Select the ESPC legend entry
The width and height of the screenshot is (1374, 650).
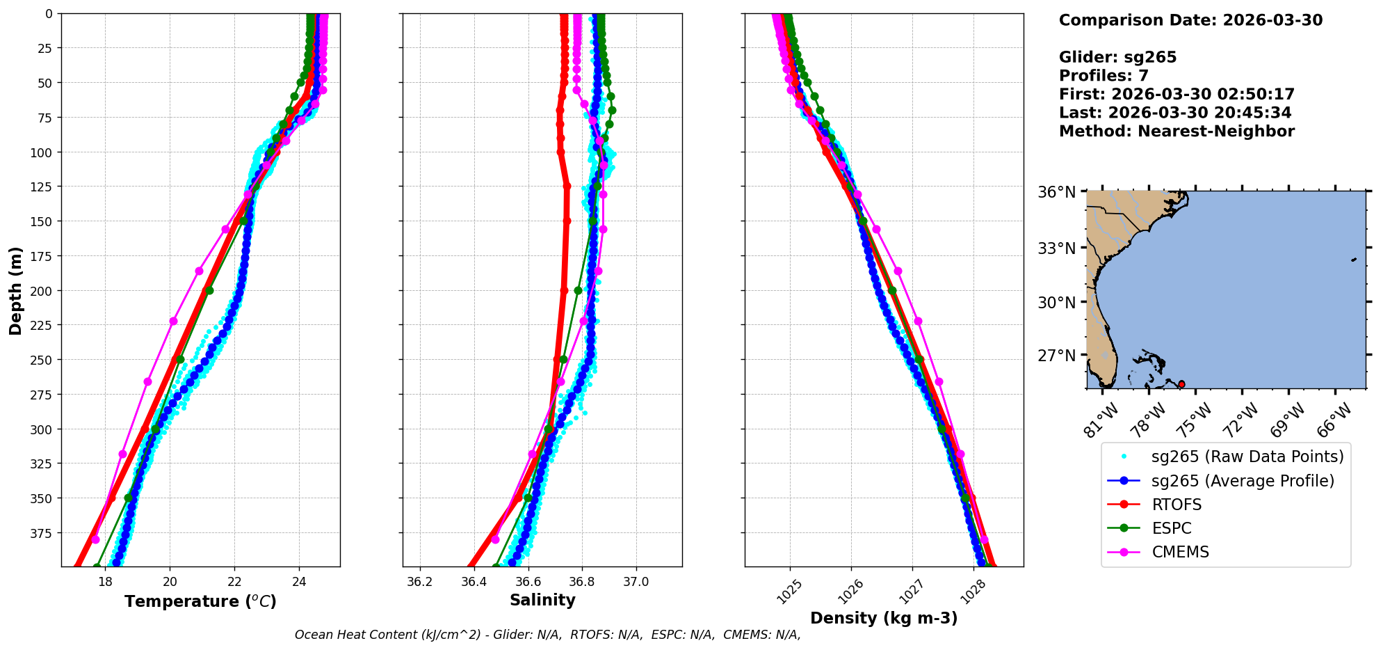click(1172, 528)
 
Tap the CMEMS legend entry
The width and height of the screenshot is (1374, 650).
click(1180, 552)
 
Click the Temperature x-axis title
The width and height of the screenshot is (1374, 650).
click(200, 601)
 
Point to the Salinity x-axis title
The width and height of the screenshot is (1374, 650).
click(542, 600)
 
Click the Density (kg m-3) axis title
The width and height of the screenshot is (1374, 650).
click(884, 618)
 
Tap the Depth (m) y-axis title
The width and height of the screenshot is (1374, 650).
click(15, 290)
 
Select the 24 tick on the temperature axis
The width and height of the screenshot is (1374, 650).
click(299, 582)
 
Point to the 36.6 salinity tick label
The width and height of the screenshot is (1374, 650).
click(528, 582)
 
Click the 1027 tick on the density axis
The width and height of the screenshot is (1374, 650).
click(907, 592)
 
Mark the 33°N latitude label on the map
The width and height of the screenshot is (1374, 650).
click(1057, 248)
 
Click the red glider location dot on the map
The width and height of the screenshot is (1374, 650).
click(1181, 384)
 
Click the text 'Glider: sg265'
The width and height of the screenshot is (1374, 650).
click(1117, 57)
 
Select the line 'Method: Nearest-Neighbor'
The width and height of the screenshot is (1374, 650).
click(1177, 132)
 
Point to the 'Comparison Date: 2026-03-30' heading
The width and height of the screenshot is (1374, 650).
click(1190, 20)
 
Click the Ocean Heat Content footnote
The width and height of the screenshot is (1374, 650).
click(547, 635)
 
